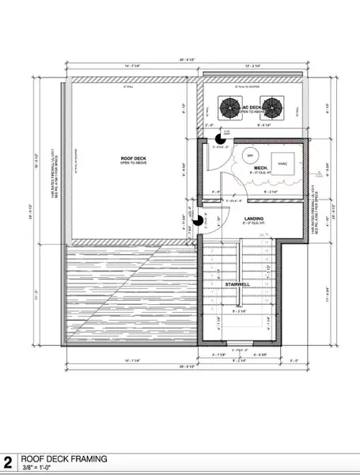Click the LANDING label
click(x=253, y=218)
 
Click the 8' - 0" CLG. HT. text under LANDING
click(x=253, y=225)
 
